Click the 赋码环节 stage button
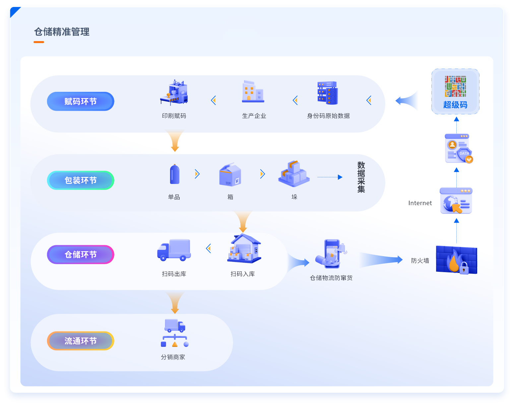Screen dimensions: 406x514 pyautogui.click(x=81, y=101)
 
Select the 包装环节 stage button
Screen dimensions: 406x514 pyautogui.click(x=81, y=180)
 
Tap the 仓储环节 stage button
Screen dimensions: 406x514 pyautogui.click(x=81, y=255)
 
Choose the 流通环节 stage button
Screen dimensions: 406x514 pyautogui.click(x=81, y=341)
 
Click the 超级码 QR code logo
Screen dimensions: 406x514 pyautogui.click(x=455, y=87)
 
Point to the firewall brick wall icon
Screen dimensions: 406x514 pyautogui.click(x=456, y=260)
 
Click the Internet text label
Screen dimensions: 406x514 pyautogui.click(x=420, y=203)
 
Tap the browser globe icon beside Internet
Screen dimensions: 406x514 pyautogui.click(x=456, y=201)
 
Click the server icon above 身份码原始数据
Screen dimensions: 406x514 pyautogui.click(x=328, y=93)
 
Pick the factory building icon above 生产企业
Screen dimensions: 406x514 pyautogui.click(x=253, y=92)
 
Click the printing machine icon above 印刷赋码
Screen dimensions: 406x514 pyautogui.click(x=174, y=92)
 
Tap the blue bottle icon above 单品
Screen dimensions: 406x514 pyautogui.click(x=174, y=174)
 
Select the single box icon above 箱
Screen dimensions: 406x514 pyautogui.click(x=230, y=175)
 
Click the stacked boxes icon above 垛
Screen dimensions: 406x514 pyautogui.click(x=294, y=174)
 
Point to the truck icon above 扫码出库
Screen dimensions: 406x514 pyautogui.click(x=174, y=250)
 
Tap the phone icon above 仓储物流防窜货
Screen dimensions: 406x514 pyautogui.click(x=332, y=254)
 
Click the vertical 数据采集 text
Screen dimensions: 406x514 pyautogui.click(x=361, y=177)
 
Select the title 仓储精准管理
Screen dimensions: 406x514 pyautogui.click(x=62, y=32)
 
